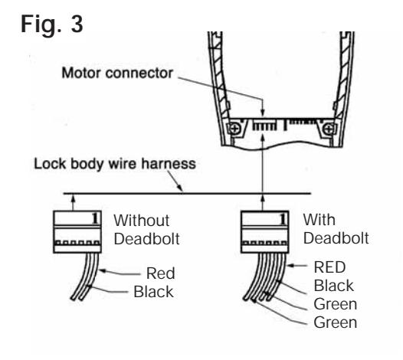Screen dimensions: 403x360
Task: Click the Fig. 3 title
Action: pyautogui.click(x=51, y=24)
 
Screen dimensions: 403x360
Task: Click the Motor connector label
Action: pyautogui.click(x=117, y=73)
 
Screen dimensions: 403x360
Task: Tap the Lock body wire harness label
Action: pyautogui.click(x=115, y=164)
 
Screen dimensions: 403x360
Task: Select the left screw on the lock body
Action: pyautogui.click(x=234, y=129)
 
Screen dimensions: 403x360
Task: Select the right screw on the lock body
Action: pyautogui.click(x=329, y=129)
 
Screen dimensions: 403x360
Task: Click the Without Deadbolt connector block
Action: pyautogui.click(x=77, y=232)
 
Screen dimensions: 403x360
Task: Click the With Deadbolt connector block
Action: pyautogui.click(x=265, y=232)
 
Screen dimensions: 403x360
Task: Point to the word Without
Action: pyautogui.click(x=142, y=221)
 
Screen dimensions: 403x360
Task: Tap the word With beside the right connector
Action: pyautogui.click(x=319, y=220)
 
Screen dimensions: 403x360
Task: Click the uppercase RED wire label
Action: pyautogui.click(x=329, y=267)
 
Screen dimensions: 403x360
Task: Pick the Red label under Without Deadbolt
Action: pyautogui.click(x=161, y=273)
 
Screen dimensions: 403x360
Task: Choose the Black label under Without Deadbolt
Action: pyautogui.click(x=154, y=292)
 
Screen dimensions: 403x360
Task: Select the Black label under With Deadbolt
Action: pyautogui.click(x=334, y=286)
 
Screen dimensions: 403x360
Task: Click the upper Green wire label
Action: pyautogui.click(x=336, y=304)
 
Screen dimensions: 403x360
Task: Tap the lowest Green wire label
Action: pyautogui.click(x=336, y=322)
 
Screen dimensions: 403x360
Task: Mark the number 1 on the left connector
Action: pyautogui.click(x=95, y=219)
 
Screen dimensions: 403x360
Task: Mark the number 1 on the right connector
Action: pyautogui.click(x=283, y=219)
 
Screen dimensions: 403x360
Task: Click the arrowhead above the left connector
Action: pyautogui.click(x=74, y=198)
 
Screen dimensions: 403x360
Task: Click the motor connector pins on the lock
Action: pyautogui.click(x=265, y=126)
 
